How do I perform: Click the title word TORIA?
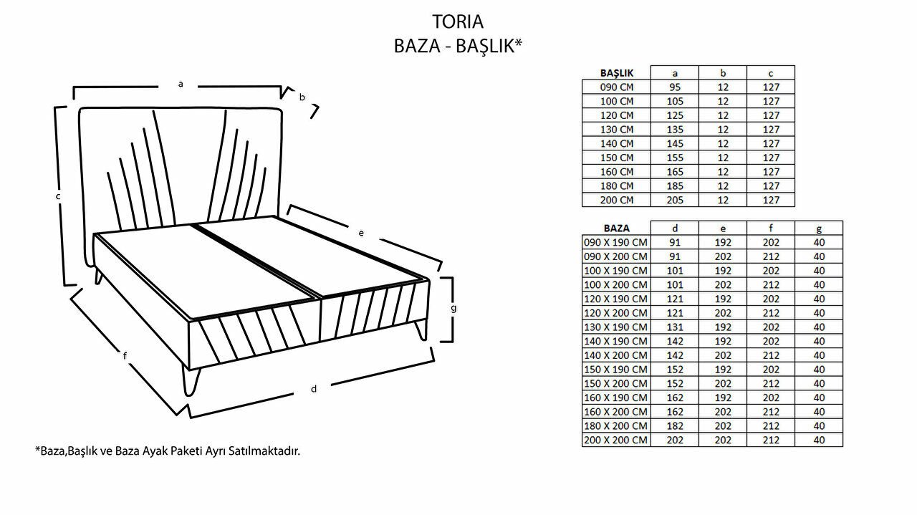click(x=458, y=21)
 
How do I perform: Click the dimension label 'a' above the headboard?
click(x=181, y=85)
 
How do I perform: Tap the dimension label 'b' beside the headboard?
click(x=302, y=97)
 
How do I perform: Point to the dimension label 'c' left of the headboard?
click(x=58, y=196)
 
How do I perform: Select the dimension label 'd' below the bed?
click(x=314, y=388)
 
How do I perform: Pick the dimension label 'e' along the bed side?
click(x=361, y=233)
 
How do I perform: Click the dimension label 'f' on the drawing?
click(x=125, y=355)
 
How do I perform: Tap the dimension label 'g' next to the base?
click(x=453, y=308)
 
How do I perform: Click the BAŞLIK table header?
click(x=617, y=73)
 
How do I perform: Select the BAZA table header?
click(x=617, y=228)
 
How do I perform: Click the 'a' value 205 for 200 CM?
click(x=675, y=200)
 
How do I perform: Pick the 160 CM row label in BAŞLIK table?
click(x=617, y=172)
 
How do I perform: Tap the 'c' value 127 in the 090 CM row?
click(x=772, y=87)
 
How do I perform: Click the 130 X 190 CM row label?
click(x=615, y=327)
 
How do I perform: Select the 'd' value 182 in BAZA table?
click(x=675, y=426)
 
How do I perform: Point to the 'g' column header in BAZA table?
click(x=819, y=228)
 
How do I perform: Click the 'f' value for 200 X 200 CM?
click(x=772, y=440)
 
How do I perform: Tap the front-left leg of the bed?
click(x=191, y=382)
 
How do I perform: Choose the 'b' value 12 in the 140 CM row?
click(x=723, y=144)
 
